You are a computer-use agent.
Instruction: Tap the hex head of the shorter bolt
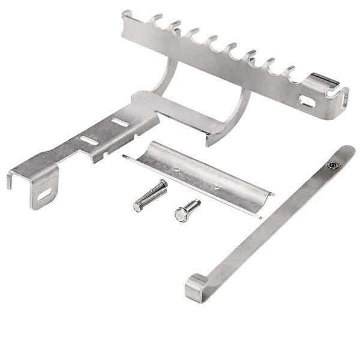pyautogui.click(x=181, y=214)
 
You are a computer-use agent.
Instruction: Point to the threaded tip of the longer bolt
pyautogui.click(x=164, y=184)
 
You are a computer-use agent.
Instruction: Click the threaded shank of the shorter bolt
pyautogui.click(x=193, y=205)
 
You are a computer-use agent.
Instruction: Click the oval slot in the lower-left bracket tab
pyautogui.click(x=44, y=194)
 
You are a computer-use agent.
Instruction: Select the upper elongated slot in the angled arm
pyautogui.click(x=120, y=122)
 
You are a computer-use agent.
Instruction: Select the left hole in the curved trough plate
pyautogui.click(x=178, y=170)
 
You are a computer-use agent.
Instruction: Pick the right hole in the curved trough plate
pyautogui.click(x=217, y=187)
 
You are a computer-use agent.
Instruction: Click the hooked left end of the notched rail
pyautogui.click(x=127, y=18)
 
